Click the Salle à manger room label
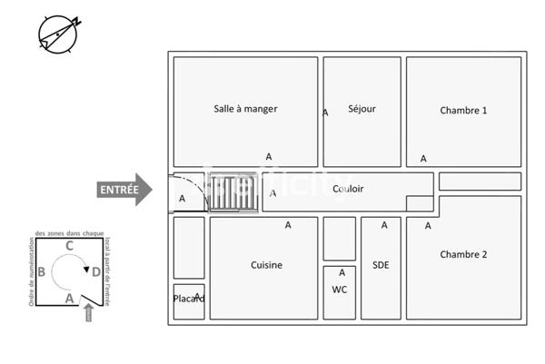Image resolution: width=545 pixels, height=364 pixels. pos(245,109)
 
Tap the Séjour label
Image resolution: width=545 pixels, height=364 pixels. pos(362,109)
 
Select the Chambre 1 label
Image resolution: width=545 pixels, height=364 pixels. pos(463,111)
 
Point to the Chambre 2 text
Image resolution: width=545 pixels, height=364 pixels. pos(463,255)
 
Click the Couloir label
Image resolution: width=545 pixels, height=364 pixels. pos(348,189)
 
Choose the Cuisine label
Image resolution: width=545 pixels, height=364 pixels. pos(266,265)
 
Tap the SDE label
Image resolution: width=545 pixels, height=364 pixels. pos(381,265)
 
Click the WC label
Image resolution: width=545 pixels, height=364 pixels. pos(340,290)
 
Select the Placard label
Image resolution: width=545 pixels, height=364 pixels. pos(189,299)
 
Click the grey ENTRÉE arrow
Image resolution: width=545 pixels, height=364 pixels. pos(125,190)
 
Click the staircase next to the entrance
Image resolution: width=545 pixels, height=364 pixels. pos(233,192)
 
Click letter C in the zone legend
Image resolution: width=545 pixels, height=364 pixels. pos(70,245)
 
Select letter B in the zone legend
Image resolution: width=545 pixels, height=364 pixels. pos(42,271)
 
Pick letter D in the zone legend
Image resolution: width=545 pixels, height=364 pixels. pos(94,271)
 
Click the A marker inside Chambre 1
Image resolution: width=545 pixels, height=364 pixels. pos(423,159)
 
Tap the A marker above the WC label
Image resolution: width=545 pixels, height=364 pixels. pos(342,272)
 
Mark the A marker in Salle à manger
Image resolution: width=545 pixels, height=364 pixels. pos(269,156)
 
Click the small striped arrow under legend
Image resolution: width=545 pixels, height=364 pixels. pos(88,314)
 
